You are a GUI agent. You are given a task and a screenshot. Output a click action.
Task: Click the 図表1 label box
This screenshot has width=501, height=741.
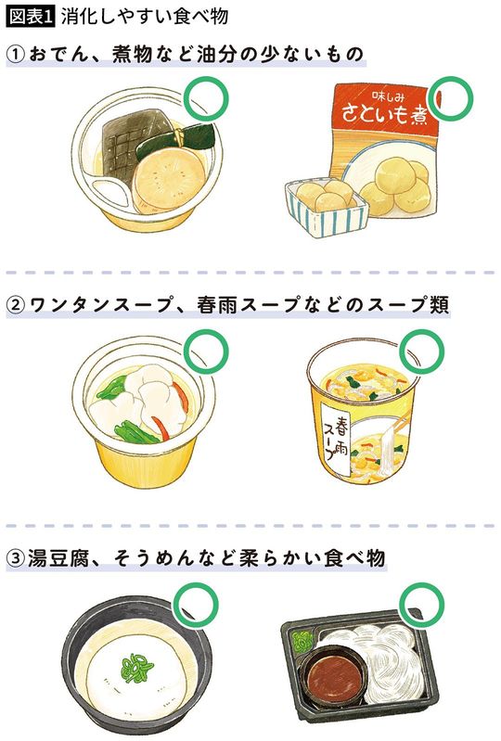click(32, 17)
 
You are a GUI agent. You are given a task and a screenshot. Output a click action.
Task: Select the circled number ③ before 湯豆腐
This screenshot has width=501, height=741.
click(19, 559)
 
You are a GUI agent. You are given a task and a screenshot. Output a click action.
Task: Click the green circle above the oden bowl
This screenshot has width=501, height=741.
click(209, 97)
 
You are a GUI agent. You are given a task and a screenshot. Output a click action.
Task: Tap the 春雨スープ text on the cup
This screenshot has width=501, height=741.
click(337, 437)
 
